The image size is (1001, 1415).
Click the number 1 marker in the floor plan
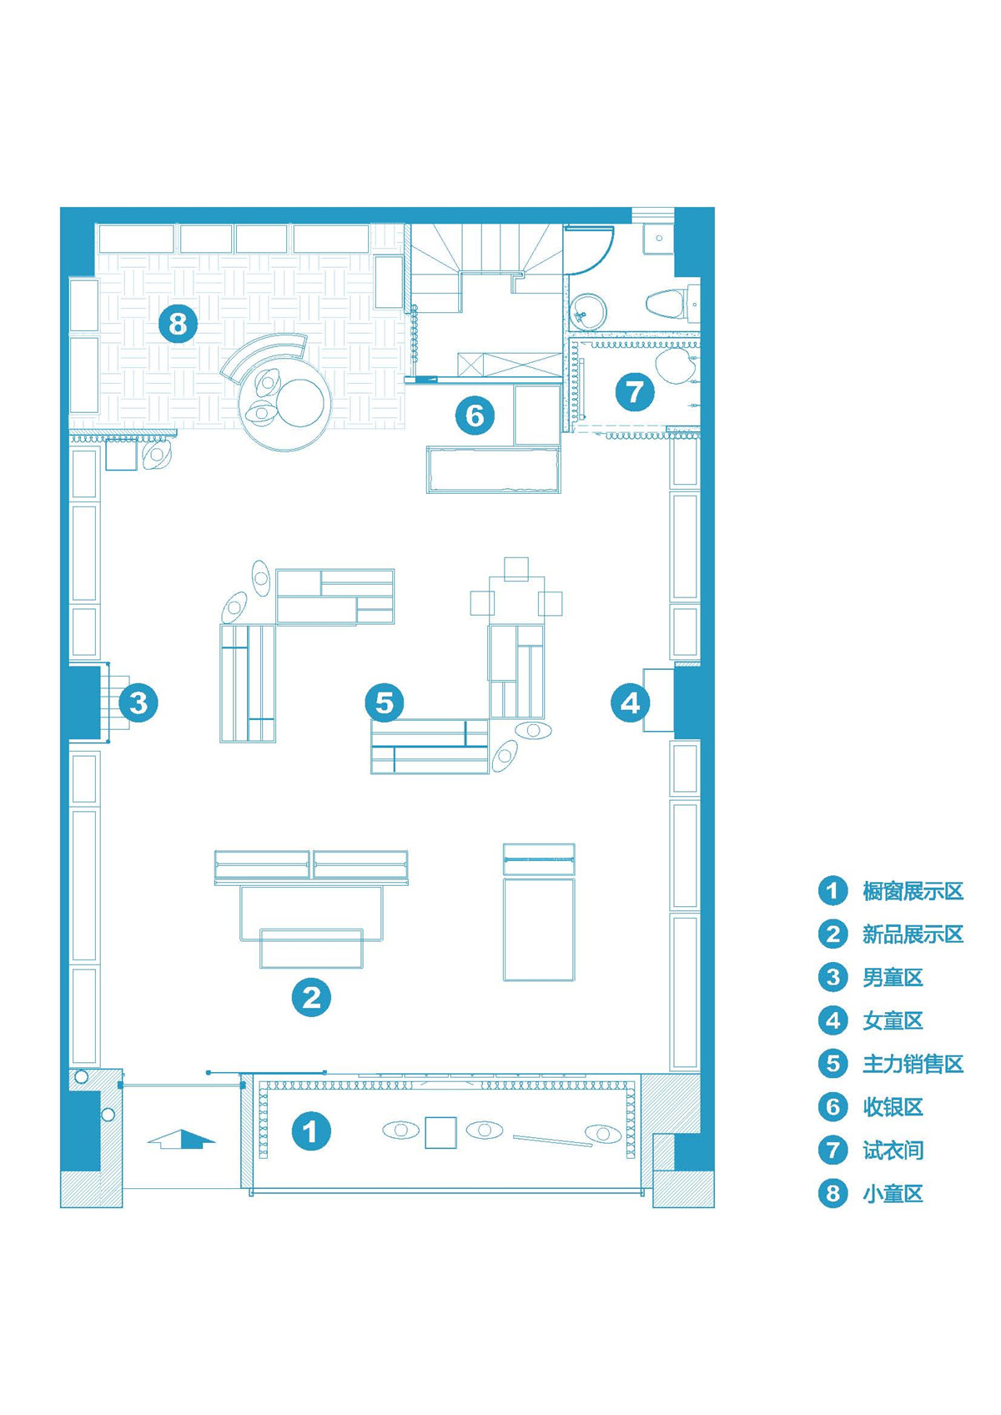coord(310,1130)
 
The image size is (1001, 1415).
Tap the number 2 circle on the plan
coord(311,998)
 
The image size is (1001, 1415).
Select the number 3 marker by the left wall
coord(138,702)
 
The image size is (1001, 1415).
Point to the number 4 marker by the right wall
coord(631,702)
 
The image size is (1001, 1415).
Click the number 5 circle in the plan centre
coord(384,702)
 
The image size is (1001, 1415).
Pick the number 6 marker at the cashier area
coord(475,415)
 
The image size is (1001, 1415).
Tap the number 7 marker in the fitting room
coord(635,391)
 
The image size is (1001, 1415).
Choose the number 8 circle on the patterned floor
coord(179,324)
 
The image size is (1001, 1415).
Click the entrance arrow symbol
coord(181,1138)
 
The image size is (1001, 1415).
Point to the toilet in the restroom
coord(666,303)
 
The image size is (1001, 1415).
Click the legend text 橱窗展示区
coord(913,891)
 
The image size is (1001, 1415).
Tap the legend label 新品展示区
coord(913,934)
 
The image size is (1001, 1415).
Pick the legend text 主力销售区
coord(913,1064)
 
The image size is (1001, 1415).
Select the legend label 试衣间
coord(893,1151)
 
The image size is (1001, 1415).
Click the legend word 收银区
coord(893,1107)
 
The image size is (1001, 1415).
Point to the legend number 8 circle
coord(832,1193)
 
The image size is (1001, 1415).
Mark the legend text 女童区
coord(893,1021)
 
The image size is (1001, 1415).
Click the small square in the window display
coord(440,1133)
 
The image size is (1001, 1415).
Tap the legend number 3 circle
coord(832,977)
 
